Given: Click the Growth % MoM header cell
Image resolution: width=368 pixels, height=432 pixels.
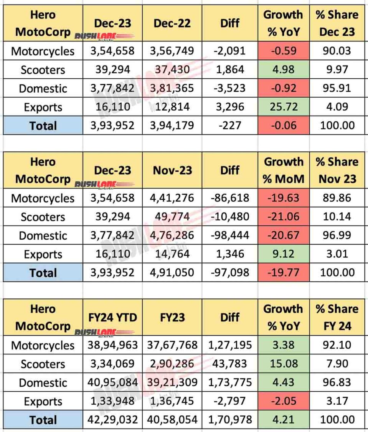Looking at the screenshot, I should coord(284,170).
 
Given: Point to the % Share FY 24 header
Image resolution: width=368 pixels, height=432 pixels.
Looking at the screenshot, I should coord(337,317).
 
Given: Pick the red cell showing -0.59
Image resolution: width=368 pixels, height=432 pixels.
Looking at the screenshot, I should coord(284,51).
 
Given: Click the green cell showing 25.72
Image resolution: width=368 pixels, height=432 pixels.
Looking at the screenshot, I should coord(284,107).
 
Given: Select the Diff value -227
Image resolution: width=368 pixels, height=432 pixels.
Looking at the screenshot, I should coord(230,126).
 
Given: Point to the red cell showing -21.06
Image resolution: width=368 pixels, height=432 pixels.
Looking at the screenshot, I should coord(284,217).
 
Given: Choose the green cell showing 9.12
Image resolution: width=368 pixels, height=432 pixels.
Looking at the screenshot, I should coord(284,254).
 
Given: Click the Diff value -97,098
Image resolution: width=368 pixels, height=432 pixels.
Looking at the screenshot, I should coord(230,273).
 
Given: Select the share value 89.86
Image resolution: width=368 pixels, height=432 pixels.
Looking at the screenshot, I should coord(337,198).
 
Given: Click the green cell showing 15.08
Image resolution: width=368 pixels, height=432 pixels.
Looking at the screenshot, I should coord(284,364).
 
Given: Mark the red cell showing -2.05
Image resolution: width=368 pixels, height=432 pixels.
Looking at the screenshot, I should coord(284,401).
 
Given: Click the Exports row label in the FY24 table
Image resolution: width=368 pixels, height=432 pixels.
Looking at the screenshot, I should coord(43,401).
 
